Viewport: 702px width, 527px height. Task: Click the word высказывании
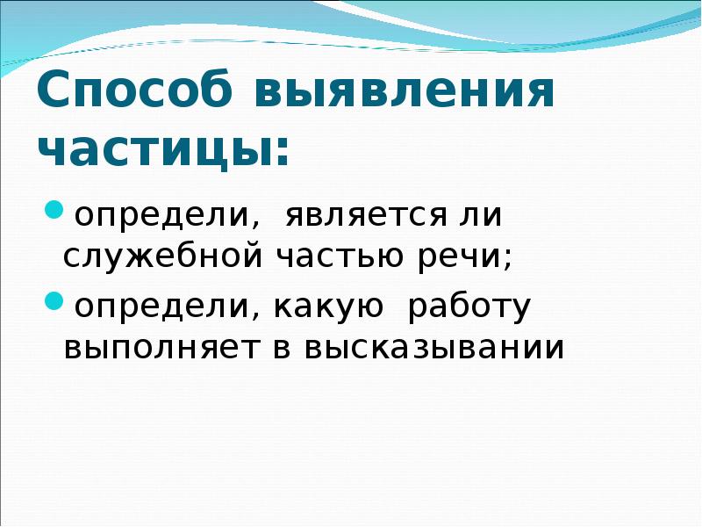click(433, 348)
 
